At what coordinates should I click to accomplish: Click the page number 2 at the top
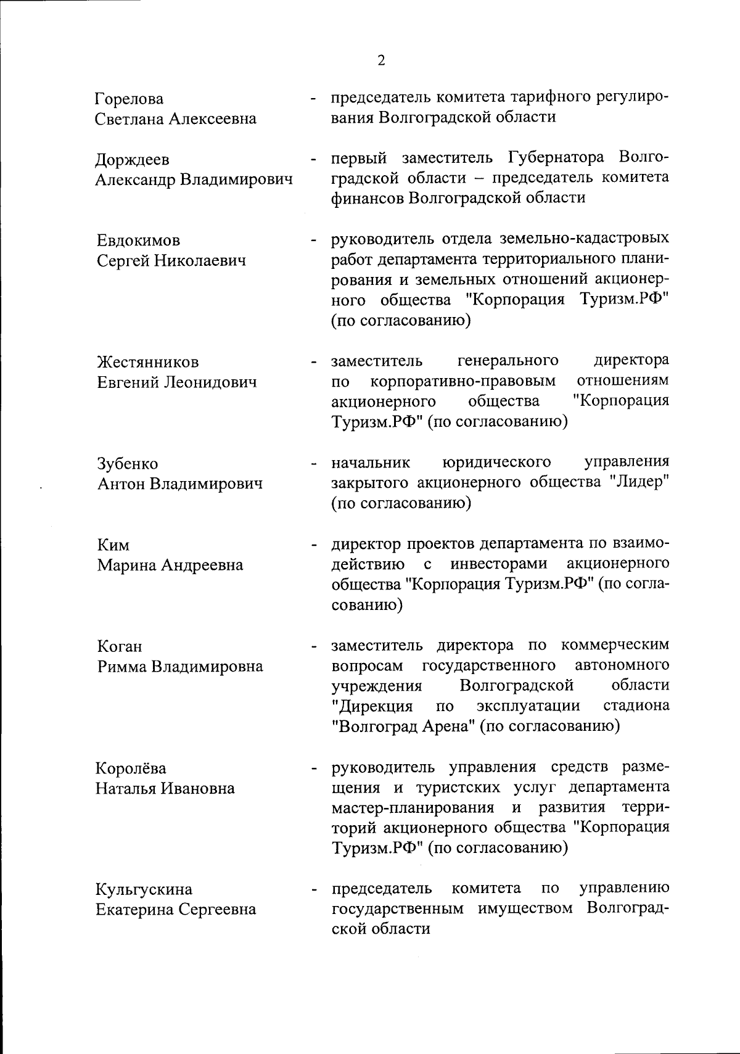click(x=381, y=60)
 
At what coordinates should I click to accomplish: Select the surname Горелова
click(x=129, y=99)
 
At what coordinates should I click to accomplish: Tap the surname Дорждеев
click(x=133, y=160)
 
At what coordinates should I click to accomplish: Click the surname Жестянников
click(x=148, y=362)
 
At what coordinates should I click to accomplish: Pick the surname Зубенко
click(x=128, y=464)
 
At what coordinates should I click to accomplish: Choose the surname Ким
click(x=113, y=545)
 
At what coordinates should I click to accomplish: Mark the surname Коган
click(x=120, y=647)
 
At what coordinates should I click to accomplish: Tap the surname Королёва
click(x=131, y=768)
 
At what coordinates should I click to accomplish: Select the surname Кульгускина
click(x=144, y=889)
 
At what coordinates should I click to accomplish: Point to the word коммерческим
click(x=615, y=645)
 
